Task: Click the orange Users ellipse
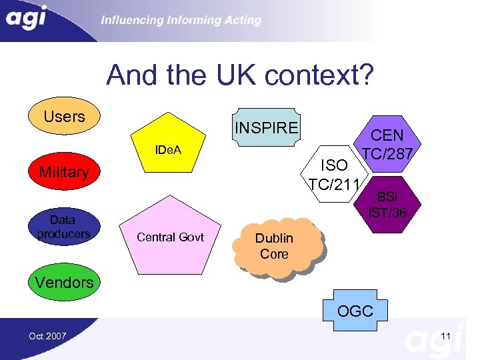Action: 64,117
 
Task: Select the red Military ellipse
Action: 63,172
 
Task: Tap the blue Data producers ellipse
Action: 63,227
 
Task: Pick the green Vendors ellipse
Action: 64,282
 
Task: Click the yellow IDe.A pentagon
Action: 170,153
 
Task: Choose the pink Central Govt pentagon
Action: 170,237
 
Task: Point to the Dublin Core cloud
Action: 274,246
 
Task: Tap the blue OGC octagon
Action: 355,311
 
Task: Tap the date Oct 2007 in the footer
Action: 47,336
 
